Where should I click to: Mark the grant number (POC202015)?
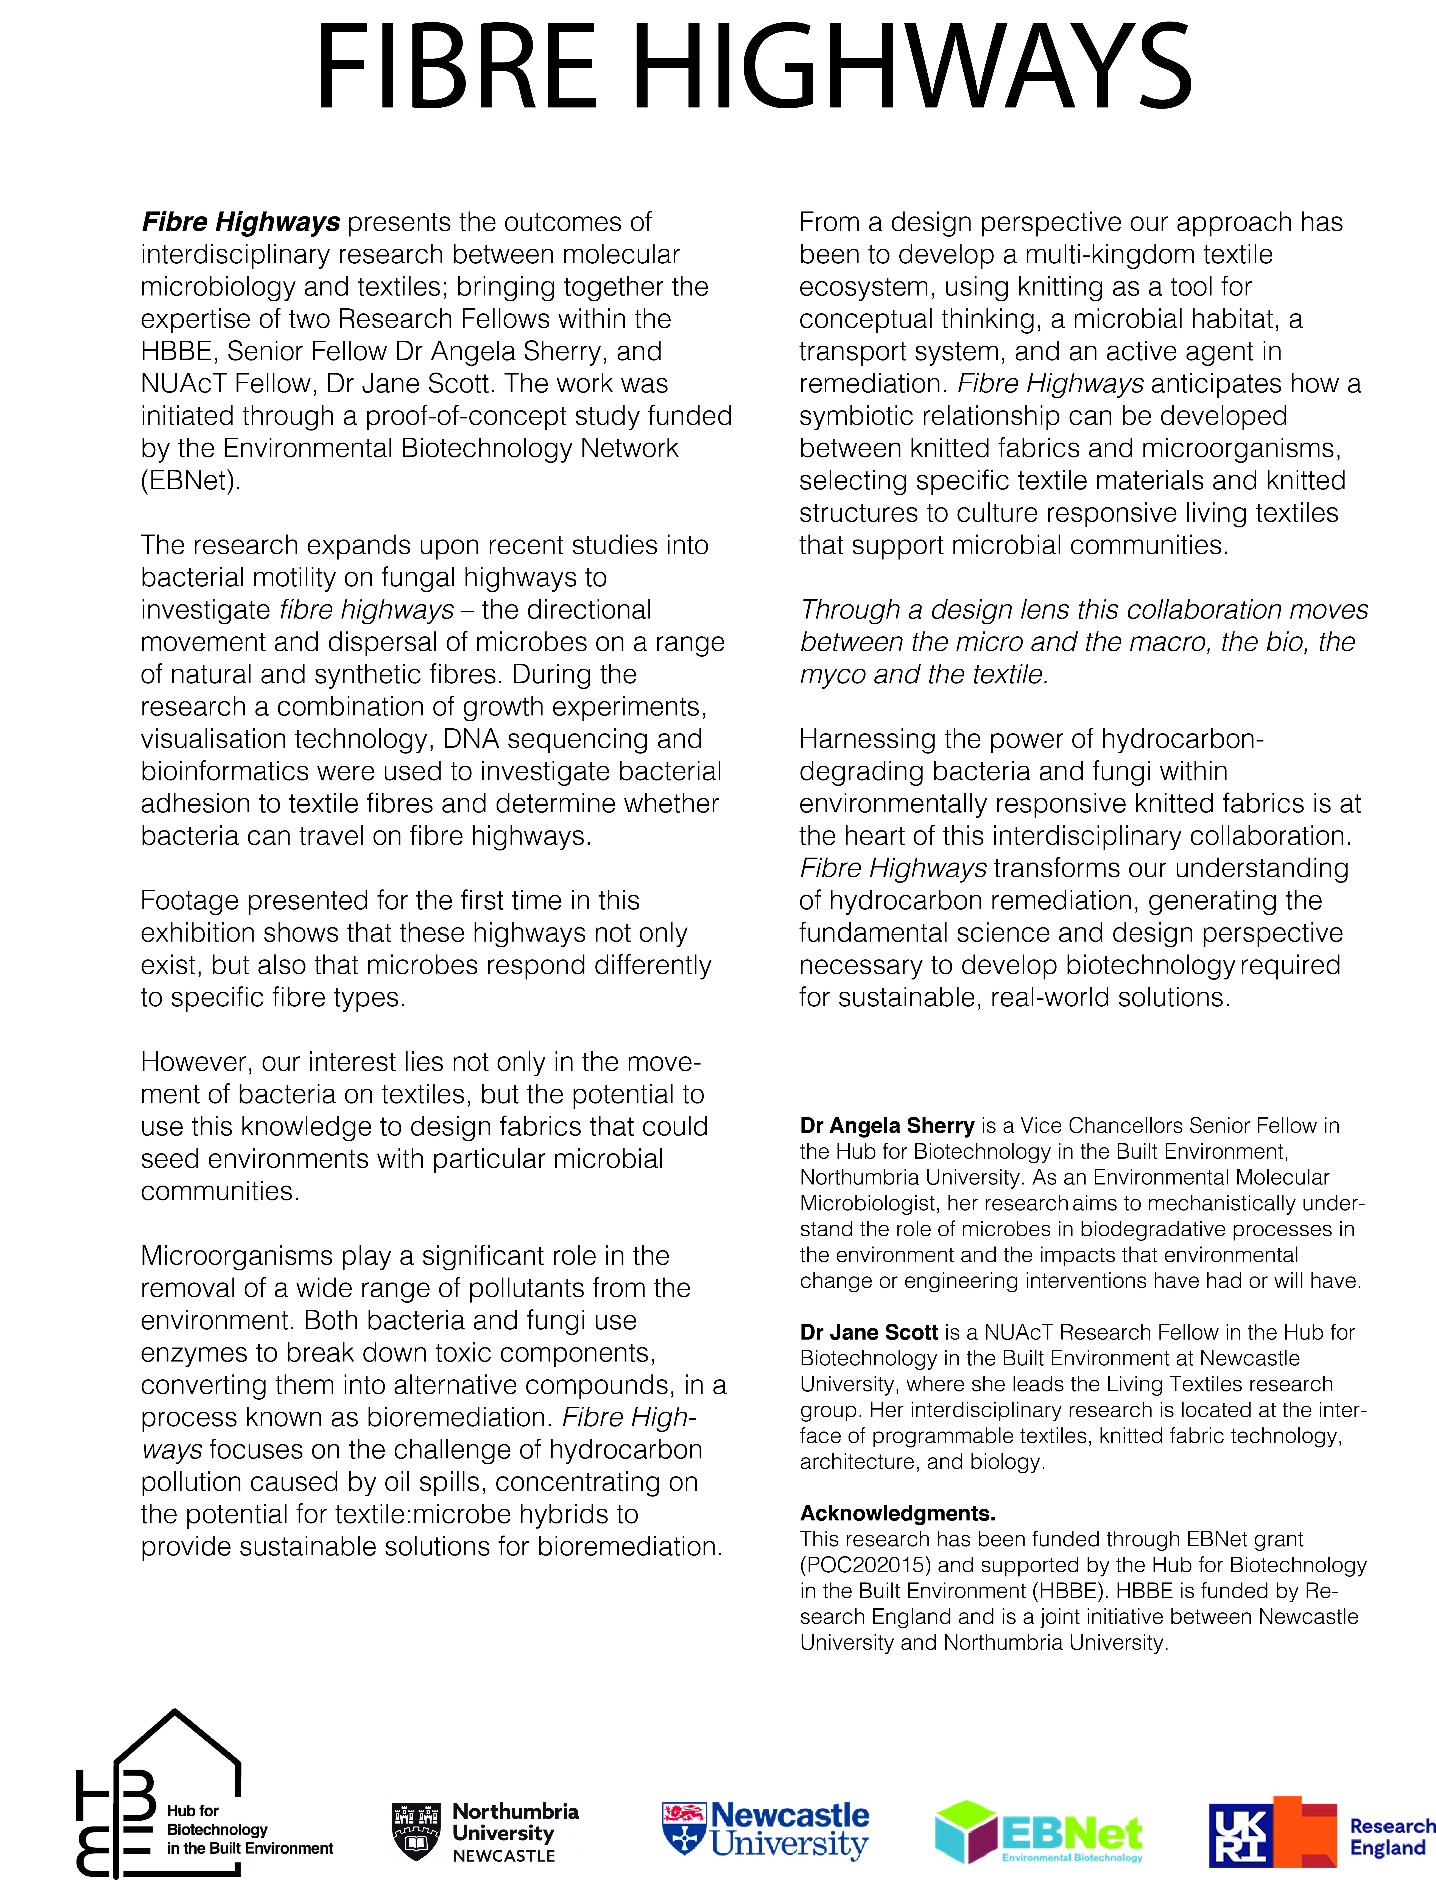click(x=865, y=1566)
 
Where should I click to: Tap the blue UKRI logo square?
click(x=1239, y=1834)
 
